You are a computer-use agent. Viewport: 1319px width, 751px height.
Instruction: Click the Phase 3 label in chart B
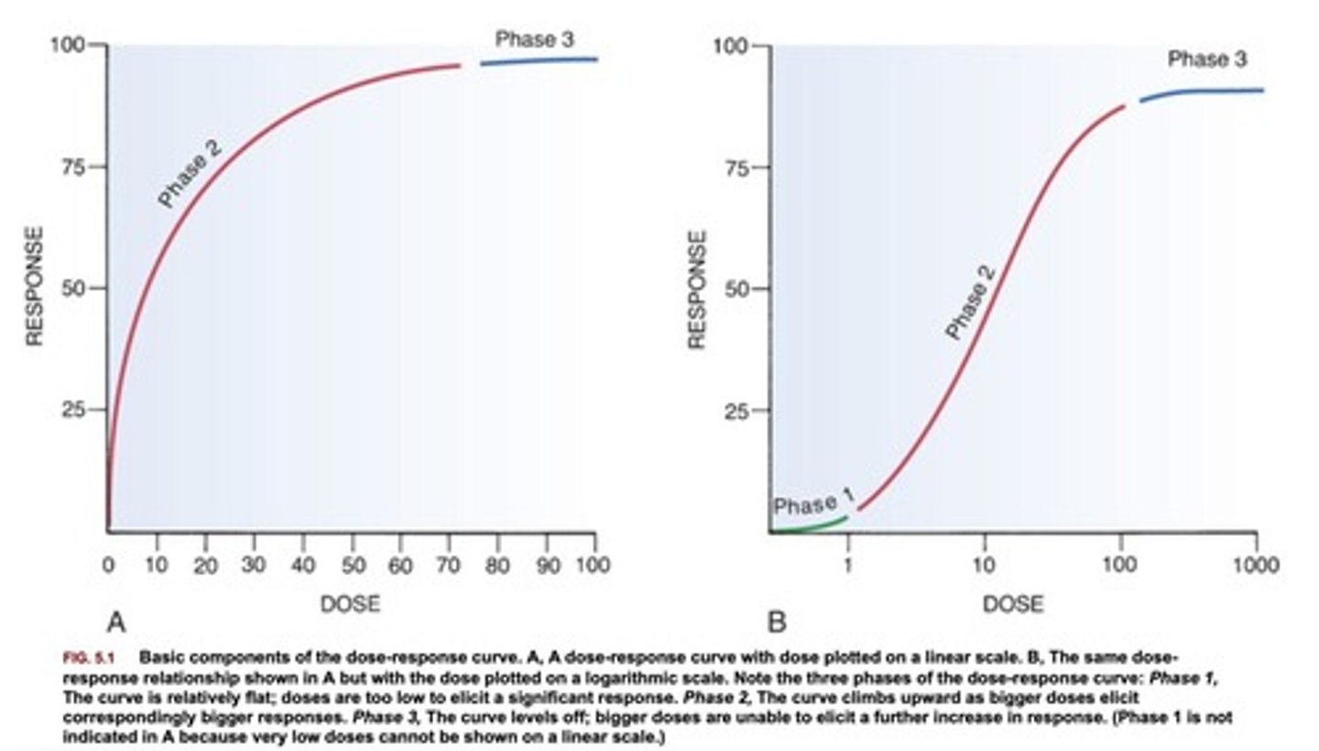point(1206,60)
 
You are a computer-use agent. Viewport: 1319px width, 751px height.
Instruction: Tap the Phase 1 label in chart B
point(813,503)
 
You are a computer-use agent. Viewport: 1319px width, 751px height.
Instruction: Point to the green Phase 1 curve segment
point(811,526)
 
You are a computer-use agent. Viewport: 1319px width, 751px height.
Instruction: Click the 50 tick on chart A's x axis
point(352,565)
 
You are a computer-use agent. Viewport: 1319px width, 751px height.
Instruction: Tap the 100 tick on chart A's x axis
point(593,565)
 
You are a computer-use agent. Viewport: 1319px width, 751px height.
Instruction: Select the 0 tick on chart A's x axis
point(109,565)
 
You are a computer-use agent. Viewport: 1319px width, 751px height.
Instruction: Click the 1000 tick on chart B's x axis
point(1256,565)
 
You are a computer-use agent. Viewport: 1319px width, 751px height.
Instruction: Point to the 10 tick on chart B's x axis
point(985,565)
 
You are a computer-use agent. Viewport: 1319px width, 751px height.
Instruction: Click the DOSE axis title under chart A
point(349,604)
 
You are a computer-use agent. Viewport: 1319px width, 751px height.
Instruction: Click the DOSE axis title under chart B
point(1013,604)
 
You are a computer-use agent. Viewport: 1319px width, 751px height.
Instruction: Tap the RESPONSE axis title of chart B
point(697,288)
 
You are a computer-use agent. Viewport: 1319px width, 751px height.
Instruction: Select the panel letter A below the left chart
point(116,624)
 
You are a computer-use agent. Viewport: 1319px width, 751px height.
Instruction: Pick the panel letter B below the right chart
point(777,624)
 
